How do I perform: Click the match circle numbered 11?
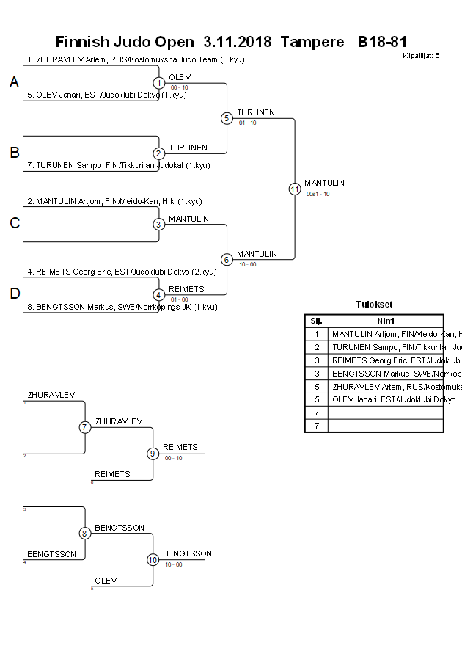pyautogui.click(x=295, y=189)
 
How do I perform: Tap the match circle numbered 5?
pyautogui.click(x=227, y=118)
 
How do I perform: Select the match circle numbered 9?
pyautogui.click(x=153, y=454)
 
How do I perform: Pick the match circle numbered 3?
pyautogui.click(x=158, y=224)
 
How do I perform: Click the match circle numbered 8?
pyautogui.click(x=85, y=534)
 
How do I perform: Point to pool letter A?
pyautogui.click(x=14, y=83)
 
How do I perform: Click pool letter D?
pyautogui.click(x=14, y=294)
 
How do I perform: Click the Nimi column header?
pyautogui.click(x=385, y=321)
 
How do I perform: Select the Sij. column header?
pyautogui.click(x=316, y=321)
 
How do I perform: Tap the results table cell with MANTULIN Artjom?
pyautogui.click(x=385, y=334)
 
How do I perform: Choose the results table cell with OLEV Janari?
pyautogui.click(x=385, y=399)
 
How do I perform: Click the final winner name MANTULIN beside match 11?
pyautogui.click(x=324, y=183)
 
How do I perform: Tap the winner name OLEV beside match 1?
pyautogui.click(x=180, y=77)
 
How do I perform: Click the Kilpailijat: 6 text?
pyautogui.click(x=421, y=56)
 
